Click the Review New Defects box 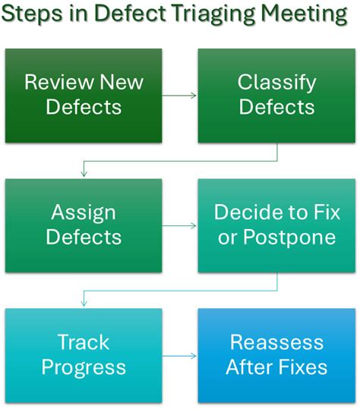tap(84, 96)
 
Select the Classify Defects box tap(276, 96)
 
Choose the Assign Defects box tap(84, 225)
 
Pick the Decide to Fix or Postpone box tap(276, 225)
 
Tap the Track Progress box tap(84, 355)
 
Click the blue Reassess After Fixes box tap(276, 355)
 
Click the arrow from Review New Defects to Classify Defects tap(180, 96)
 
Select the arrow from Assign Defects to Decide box tap(180, 225)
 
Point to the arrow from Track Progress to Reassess tap(180, 355)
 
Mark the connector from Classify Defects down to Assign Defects tap(180, 161)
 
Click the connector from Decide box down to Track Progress tap(180, 291)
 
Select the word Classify tap(276, 83)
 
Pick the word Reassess tap(276, 343)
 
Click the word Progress tap(84, 368)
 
